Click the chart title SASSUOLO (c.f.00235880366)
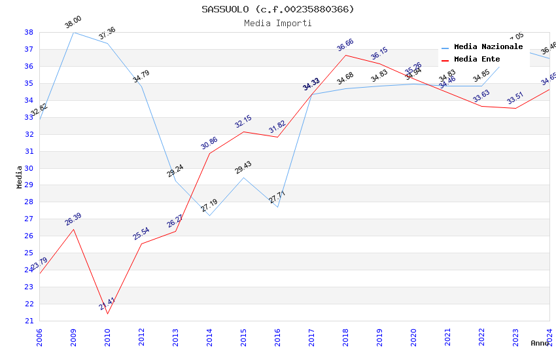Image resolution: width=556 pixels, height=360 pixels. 278,9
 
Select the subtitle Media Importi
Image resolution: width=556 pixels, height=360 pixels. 278,23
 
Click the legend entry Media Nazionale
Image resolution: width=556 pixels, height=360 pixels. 488,47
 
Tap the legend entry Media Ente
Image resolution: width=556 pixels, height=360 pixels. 477,59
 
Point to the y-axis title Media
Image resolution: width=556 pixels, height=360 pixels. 20,176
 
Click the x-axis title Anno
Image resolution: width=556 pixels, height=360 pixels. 540,343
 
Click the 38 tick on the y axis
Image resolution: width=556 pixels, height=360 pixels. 29,32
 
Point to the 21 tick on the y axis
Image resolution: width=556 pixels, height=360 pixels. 29,321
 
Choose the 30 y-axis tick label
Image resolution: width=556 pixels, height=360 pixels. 29,168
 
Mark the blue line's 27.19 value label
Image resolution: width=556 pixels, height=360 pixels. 209,206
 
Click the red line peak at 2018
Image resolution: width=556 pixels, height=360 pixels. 345,55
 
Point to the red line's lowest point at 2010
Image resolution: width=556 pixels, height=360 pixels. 107,314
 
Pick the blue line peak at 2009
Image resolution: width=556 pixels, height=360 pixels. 73,32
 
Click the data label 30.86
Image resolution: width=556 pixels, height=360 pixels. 209,143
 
